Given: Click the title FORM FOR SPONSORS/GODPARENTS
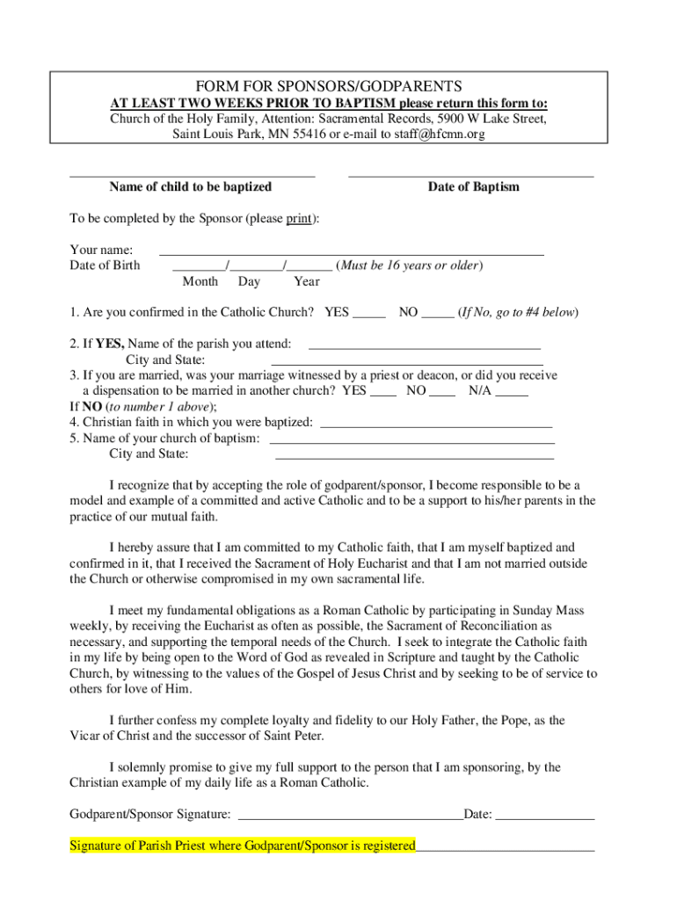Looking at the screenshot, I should point(328,86).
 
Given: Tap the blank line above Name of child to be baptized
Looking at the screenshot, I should point(192,176).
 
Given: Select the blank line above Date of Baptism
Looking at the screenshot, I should point(470,176).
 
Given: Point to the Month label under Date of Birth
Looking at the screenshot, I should point(200,281).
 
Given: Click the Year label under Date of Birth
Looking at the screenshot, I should point(307,281).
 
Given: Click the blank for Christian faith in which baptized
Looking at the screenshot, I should point(435,425).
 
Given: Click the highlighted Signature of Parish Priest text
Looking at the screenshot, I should point(243,846).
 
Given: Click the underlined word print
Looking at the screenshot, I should point(300,218).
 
